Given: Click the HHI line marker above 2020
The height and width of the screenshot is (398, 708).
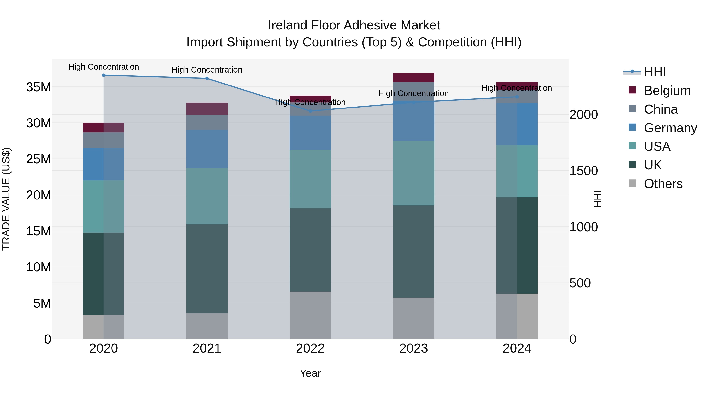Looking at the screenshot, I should tap(104, 75).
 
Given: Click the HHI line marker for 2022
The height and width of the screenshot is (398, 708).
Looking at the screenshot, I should tap(310, 111).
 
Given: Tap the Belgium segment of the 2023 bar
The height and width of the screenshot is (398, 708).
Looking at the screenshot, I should tap(413, 77).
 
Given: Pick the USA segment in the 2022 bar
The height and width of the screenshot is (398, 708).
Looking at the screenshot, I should tap(310, 179).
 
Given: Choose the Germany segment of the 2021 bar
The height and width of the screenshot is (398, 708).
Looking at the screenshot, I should tap(207, 149).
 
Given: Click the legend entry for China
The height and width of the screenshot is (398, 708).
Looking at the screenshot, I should tap(660, 109).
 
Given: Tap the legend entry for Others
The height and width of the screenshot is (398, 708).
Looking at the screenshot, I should tap(663, 184).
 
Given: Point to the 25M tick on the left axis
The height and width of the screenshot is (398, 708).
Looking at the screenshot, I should tap(39, 159).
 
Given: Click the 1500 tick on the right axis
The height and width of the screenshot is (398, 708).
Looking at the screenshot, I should tap(583, 171).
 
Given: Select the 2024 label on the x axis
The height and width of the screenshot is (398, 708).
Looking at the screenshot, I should tap(517, 348).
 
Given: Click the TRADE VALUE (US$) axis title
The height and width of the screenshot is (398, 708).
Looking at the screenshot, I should tap(6, 199).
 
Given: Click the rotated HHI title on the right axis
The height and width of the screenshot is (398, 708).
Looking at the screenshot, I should tap(597, 199).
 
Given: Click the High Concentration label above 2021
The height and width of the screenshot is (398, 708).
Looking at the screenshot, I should tap(207, 70).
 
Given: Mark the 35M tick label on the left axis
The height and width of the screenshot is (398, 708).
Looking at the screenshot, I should tap(39, 87).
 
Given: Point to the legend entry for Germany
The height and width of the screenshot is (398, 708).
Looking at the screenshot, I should tap(670, 128).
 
